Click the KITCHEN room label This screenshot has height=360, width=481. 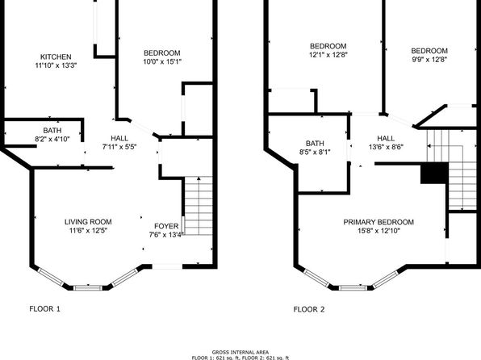click(56, 57)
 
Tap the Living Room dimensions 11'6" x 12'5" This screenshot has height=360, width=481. click(88, 231)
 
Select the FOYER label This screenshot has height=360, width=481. click(166, 226)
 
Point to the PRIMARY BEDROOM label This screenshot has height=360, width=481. click(379, 222)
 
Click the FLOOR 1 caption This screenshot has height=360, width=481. click(44, 309)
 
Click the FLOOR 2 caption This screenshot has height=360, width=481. click(309, 309)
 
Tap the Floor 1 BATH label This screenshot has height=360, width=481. click(52, 131)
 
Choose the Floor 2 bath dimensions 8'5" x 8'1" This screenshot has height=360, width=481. click(315, 152)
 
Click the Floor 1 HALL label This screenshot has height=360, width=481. click(119, 138)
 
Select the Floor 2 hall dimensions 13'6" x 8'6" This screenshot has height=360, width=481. click(386, 147)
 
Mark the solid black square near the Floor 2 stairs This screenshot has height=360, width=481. click(434, 174)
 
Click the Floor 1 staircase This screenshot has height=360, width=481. click(199, 206)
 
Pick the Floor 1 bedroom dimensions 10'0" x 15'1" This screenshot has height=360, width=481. click(162, 61)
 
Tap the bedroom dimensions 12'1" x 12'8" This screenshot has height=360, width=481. click(328, 55)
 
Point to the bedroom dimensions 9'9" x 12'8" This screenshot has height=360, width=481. click(429, 60)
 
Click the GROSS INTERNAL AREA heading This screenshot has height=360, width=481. click(240, 352)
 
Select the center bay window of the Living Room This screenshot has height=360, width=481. click(88, 288)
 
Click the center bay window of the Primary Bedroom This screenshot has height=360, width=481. click(353, 288)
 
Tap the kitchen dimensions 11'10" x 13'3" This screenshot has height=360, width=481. click(56, 65)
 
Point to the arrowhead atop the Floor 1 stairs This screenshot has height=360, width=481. click(199, 178)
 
